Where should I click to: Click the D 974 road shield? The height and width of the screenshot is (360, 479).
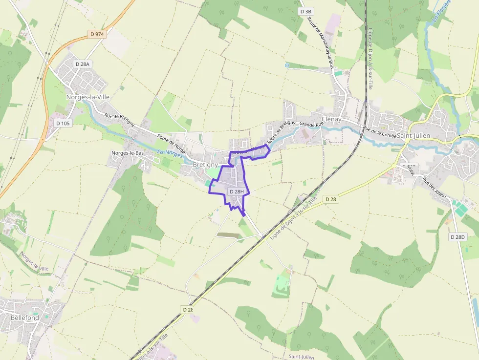coord(97,34)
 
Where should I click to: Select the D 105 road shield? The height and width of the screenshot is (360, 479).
coord(63,123)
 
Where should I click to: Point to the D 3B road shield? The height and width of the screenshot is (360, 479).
coord(306,11)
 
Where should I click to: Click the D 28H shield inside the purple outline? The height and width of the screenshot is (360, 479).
coord(236,191)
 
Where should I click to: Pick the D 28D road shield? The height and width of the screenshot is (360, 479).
coord(457,237)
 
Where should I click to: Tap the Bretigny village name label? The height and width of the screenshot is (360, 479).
coord(205,165)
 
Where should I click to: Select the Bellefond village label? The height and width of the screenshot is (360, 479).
coord(25,318)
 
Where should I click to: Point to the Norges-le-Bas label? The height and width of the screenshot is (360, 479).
coord(128,153)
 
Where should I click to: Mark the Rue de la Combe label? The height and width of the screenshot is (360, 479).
coord(379,131)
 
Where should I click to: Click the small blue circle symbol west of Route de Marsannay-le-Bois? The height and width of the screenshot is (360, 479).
coord(286,65)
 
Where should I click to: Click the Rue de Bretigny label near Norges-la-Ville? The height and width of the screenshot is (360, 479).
coord(119,119)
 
